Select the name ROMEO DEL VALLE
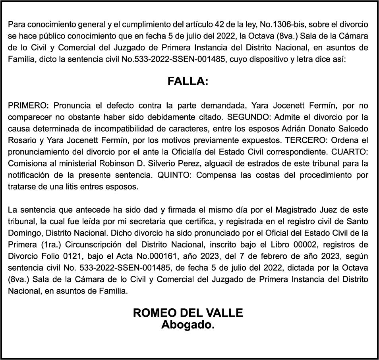188,313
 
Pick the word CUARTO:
352,152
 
